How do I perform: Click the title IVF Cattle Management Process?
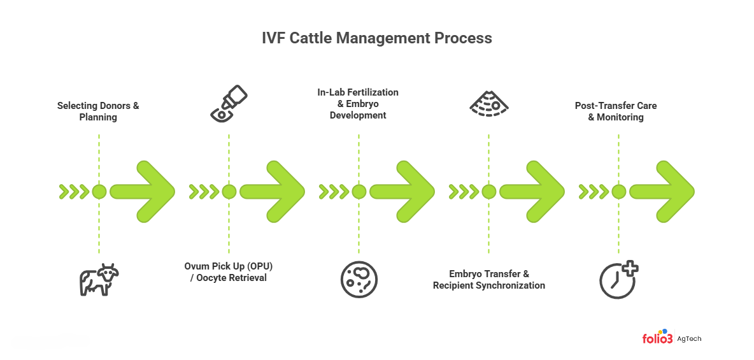click(x=376, y=38)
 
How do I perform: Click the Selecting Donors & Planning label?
click(x=98, y=111)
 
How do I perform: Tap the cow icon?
click(x=99, y=280)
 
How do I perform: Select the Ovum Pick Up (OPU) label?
click(x=229, y=271)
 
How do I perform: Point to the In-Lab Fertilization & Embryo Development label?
click(x=358, y=104)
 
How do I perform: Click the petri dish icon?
click(x=359, y=279)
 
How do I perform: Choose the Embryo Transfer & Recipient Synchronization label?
click(x=488, y=279)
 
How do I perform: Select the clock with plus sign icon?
click(x=618, y=279)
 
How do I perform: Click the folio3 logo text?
click(x=657, y=338)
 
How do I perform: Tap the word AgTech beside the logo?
click(x=689, y=339)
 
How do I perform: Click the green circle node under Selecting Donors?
click(x=99, y=191)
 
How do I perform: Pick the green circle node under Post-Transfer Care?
click(x=618, y=191)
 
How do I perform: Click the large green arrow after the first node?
click(x=143, y=191)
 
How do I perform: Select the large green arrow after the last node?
click(x=663, y=191)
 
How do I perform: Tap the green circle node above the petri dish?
click(x=359, y=191)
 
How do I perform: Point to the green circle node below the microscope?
click(x=229, y=191)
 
